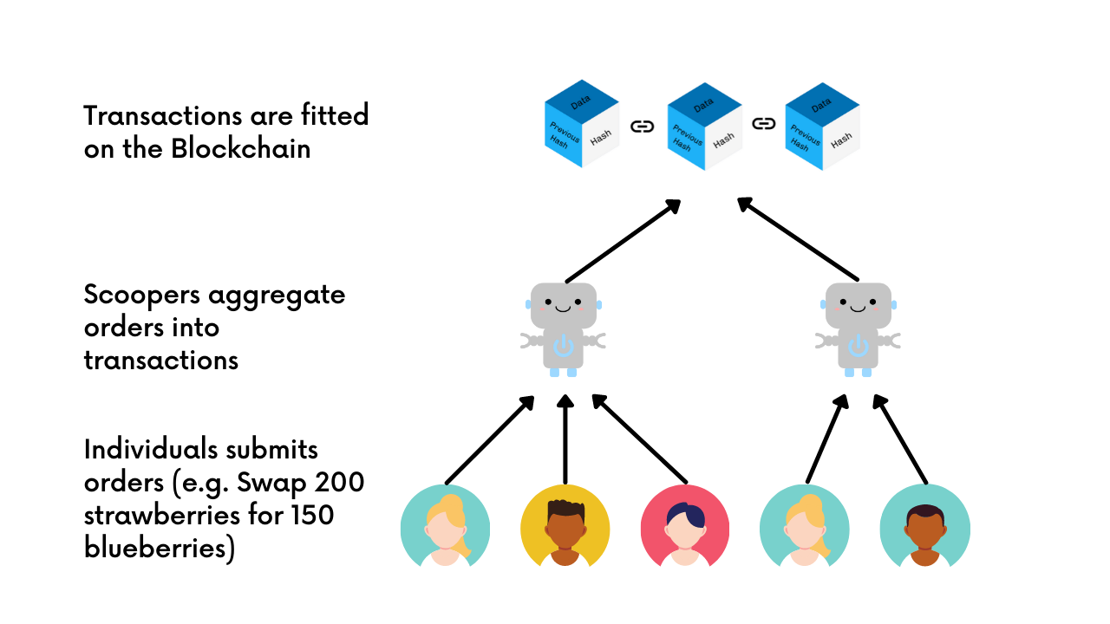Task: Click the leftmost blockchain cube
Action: click(581, 126)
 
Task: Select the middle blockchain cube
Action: click(704, 126)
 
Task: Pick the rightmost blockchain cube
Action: click(821, 126)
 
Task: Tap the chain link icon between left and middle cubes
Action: click(642, 127)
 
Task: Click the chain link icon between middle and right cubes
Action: click(763, 124)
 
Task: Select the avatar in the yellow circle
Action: click(565, 528)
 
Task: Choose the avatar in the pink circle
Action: click(685, 528)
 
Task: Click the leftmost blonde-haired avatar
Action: click(446, 528)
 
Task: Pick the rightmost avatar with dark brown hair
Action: click(924, 528)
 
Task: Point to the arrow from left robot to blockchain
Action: click(621, 242)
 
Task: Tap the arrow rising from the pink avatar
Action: click(640, 439)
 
